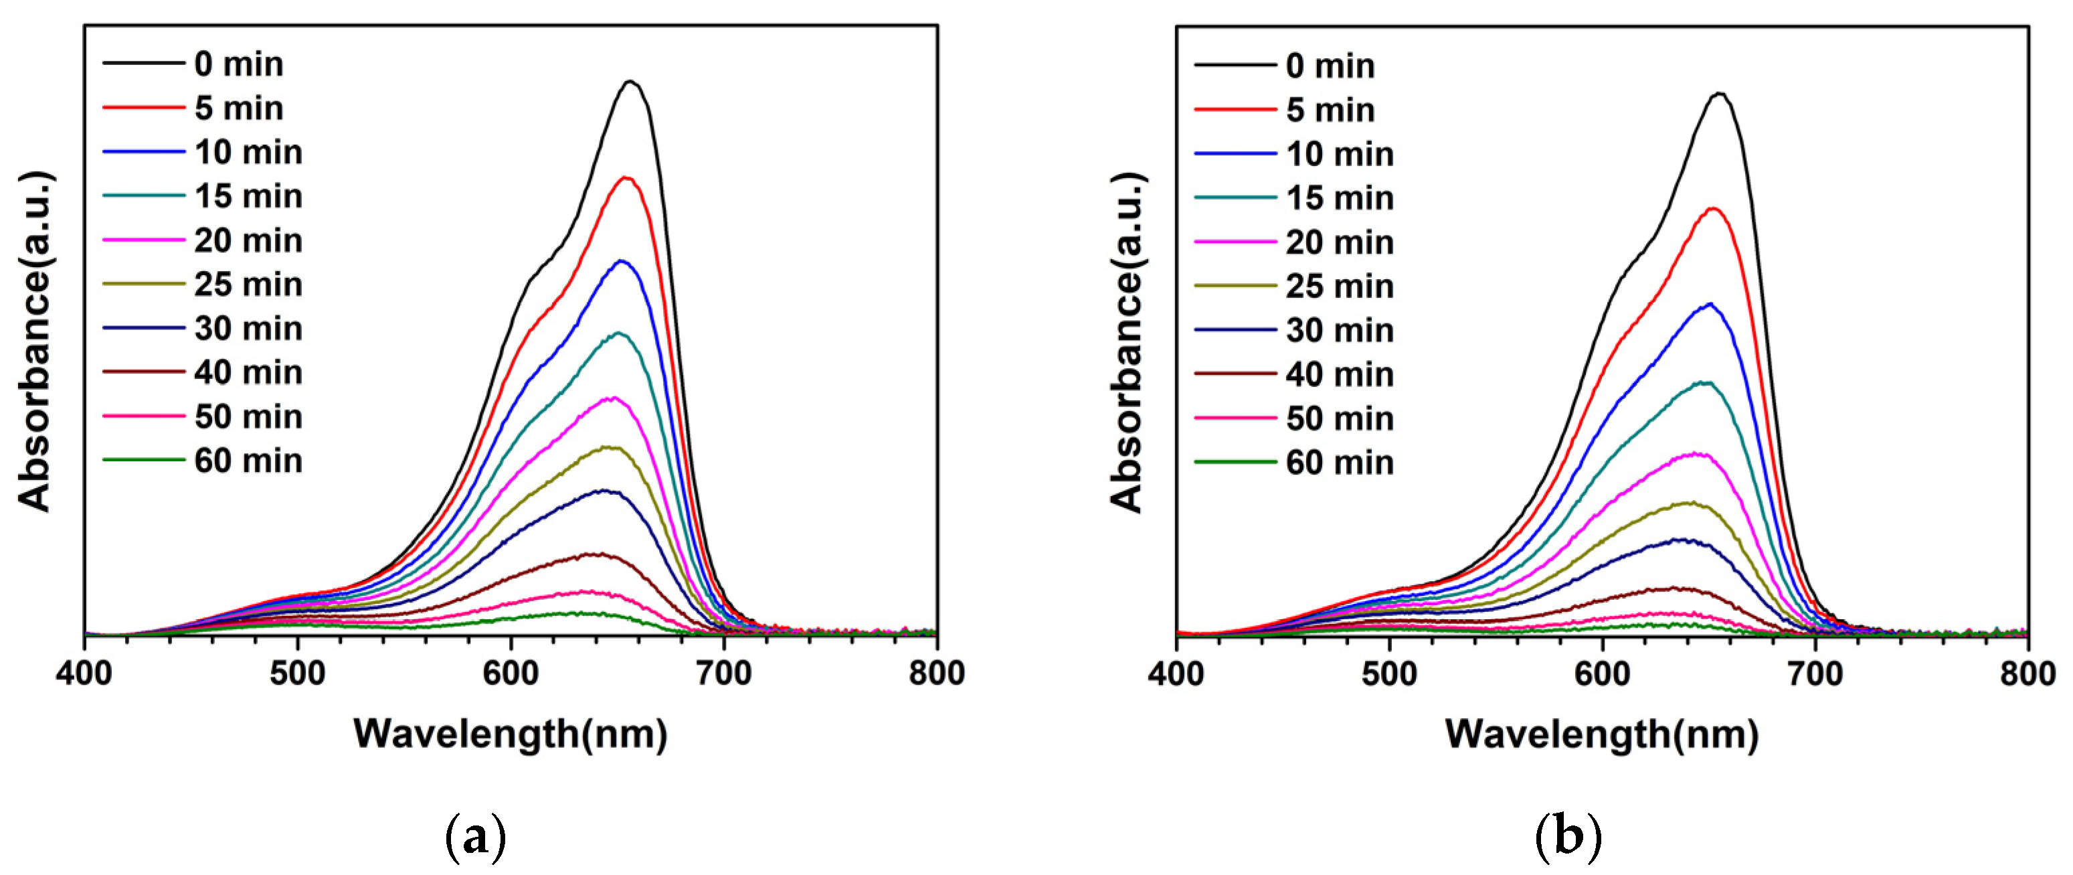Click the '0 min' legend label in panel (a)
(x=238, y=64)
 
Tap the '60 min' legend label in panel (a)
(x=248, y=461)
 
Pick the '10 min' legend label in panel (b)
(x=1339, y=154)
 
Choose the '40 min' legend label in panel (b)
(x=1339, y=374)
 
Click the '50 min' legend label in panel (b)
(x=1339, y=418)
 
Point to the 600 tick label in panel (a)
(x=510, y=673)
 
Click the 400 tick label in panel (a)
(x=84, y=673)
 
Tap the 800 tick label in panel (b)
(x=2027, y=673)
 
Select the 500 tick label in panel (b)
(x=1389, y=673)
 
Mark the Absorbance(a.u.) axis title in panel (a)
(x=35, y=341)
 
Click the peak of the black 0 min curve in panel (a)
(x=631, y=81)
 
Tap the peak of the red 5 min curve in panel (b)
(x=1713, y=208)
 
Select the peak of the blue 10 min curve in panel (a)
(x=620, y=261)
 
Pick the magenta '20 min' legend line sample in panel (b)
(x=1235, y=242)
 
